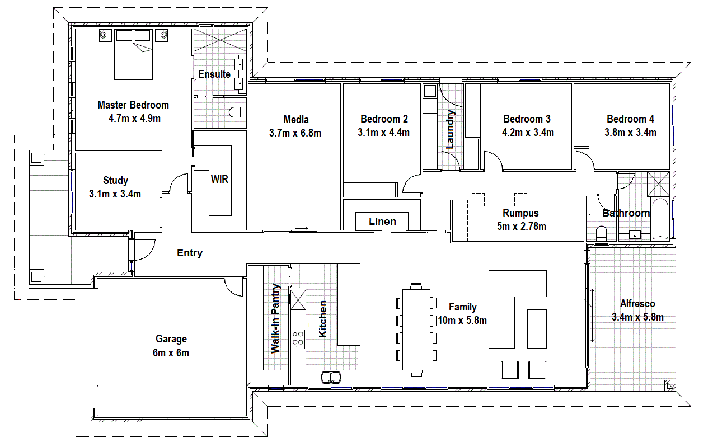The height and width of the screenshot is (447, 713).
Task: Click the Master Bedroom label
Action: [x=133, y=105]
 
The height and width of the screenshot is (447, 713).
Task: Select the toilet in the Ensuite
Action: [x=238, y=112]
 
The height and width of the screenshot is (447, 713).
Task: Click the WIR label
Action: [x=219, y=180]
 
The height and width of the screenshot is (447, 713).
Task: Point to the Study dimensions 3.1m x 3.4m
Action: [x=115, y=194]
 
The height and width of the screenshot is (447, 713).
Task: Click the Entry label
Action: [x=190, y=253]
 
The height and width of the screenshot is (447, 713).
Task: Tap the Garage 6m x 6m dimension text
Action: [x=171, y=353]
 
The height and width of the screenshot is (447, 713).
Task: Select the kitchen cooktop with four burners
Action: [x=298, y=339]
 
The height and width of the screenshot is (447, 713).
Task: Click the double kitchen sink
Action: [x=331, y=378]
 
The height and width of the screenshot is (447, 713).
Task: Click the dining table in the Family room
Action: [x=416, y=330]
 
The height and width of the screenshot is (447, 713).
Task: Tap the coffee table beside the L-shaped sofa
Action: [x=537, y=329]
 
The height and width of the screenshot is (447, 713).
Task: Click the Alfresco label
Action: [x=637, y=304]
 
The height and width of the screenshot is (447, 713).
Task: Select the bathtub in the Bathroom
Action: [x=660, y=219]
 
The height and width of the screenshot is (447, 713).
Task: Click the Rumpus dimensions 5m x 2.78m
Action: [x=522, y=226]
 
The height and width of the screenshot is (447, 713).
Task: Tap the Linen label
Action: [x=382, y=222]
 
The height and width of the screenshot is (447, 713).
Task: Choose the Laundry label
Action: [x=450, y=129]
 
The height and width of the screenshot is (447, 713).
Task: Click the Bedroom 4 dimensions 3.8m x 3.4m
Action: [x=630, y=133]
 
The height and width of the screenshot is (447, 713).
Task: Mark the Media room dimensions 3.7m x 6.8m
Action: [x=295, y=133]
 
